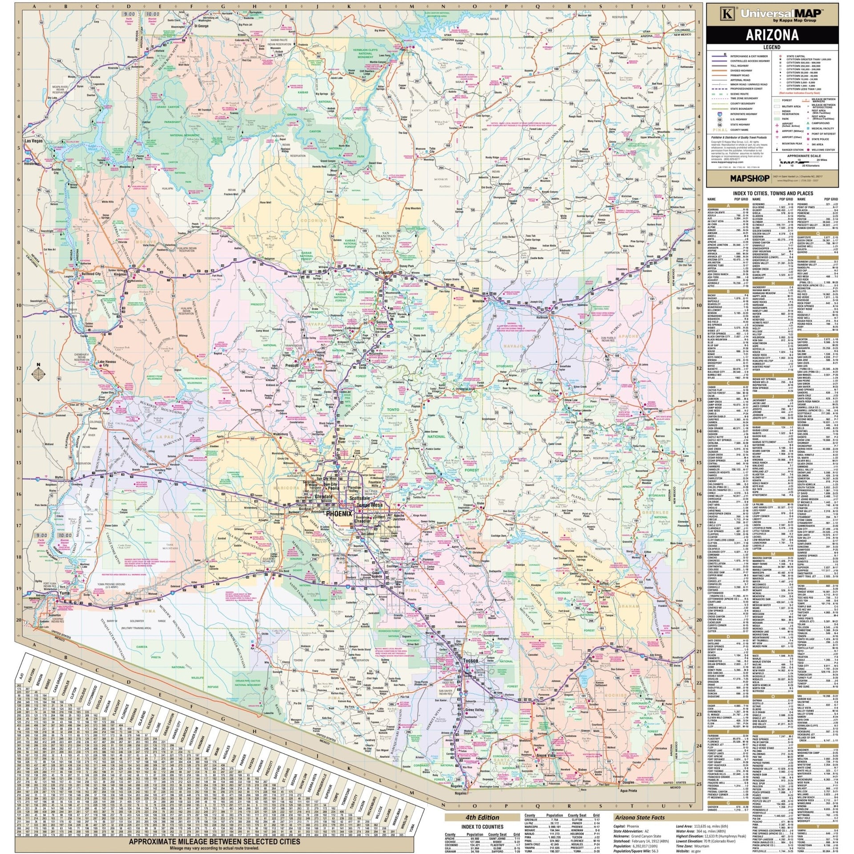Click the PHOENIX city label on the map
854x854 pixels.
tap(339, 513)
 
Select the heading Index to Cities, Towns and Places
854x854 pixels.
tap(778, 193)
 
